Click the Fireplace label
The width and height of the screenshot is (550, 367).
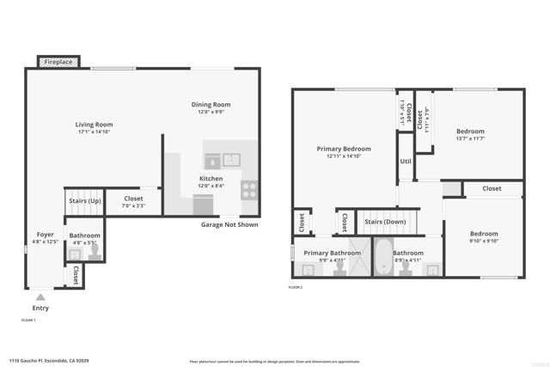point(59,63)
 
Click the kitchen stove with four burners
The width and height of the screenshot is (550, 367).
point(249,189)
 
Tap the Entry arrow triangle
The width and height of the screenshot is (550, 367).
point(40,297)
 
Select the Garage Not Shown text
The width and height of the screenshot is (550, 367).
point(229,225)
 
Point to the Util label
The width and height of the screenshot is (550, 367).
point(406,161)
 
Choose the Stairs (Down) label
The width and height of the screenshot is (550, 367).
point(385,222)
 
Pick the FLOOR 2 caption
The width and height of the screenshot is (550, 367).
point(296,286)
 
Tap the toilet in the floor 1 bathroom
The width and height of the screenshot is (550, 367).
point(95,251)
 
